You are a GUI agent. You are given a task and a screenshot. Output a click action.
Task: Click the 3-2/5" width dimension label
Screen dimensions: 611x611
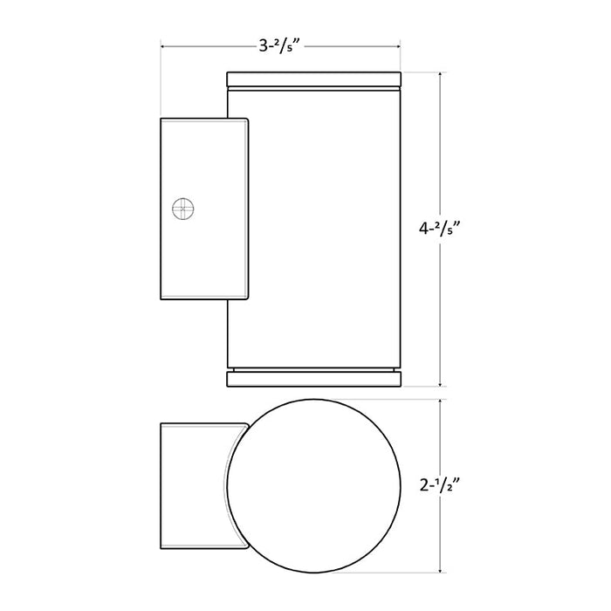[x=281, y=47]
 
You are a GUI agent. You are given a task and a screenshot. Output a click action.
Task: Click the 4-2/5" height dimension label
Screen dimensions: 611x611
[x=440, y=229]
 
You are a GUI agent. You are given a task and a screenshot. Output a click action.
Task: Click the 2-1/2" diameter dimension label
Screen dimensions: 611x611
[x=440, y=486]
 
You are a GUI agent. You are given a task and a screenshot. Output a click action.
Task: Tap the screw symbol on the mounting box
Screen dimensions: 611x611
[x=182, y=209]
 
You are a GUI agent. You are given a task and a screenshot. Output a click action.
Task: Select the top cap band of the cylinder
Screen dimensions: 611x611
[x=313, y=79]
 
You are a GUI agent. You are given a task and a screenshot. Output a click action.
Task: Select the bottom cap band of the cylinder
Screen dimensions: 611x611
[x=313, y=379]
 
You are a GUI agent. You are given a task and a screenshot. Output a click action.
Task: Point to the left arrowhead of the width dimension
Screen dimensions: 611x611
[x=163, y=47]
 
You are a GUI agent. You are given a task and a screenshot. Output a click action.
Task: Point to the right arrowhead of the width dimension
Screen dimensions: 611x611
[x=398, y=47]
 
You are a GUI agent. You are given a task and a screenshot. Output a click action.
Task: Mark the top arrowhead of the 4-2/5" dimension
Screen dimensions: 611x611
[x=440, y=75]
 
